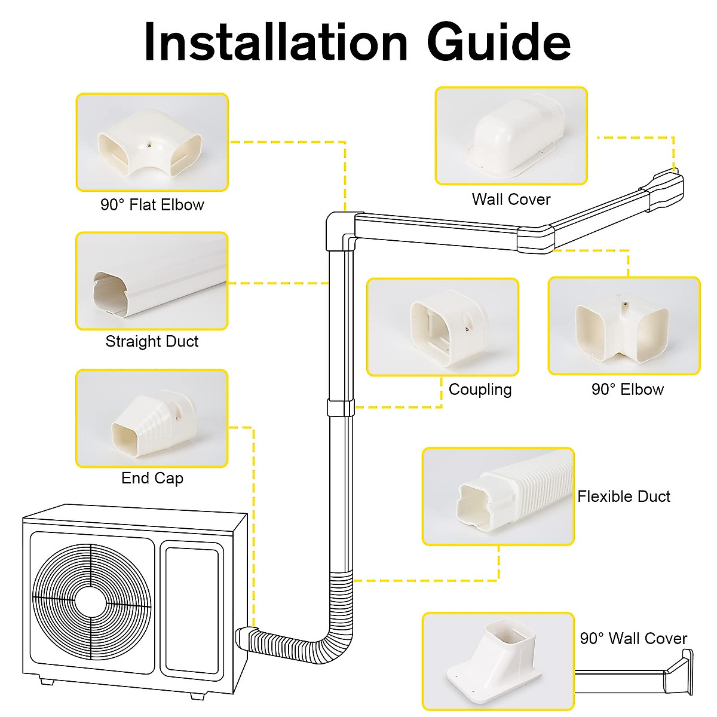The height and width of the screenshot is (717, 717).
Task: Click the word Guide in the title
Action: click(499, 42)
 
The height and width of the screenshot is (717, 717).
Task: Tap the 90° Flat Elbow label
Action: click(152, 205)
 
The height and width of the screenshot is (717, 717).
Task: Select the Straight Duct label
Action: click(152, 342)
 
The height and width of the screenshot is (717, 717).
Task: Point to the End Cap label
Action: click(152, 479)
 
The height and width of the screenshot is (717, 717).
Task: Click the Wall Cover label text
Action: click(511, 200)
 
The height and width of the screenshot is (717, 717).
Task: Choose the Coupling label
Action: click(480, 390)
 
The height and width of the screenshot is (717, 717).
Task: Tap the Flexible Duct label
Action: click(623, 497)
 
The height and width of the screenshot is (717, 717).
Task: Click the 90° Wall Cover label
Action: click(633, 639)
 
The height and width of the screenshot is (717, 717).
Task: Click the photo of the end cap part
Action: click(152, 418)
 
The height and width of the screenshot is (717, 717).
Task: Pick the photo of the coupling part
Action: click(442, 327)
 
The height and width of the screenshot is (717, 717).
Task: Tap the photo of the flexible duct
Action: click(498, 497)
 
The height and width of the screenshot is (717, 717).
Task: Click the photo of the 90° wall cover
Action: click(498, 661)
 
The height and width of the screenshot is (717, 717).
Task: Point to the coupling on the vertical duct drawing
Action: click(341, 408)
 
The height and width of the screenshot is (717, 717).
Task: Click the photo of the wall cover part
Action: click(511, 136)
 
